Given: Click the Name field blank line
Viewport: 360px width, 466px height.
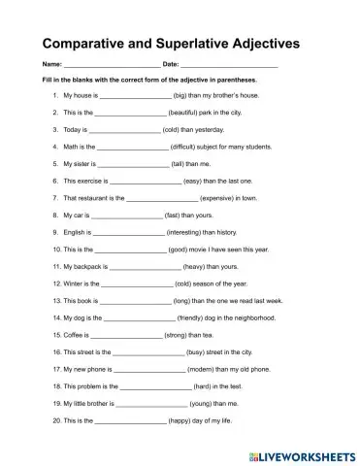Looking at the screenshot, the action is coord(109,65).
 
